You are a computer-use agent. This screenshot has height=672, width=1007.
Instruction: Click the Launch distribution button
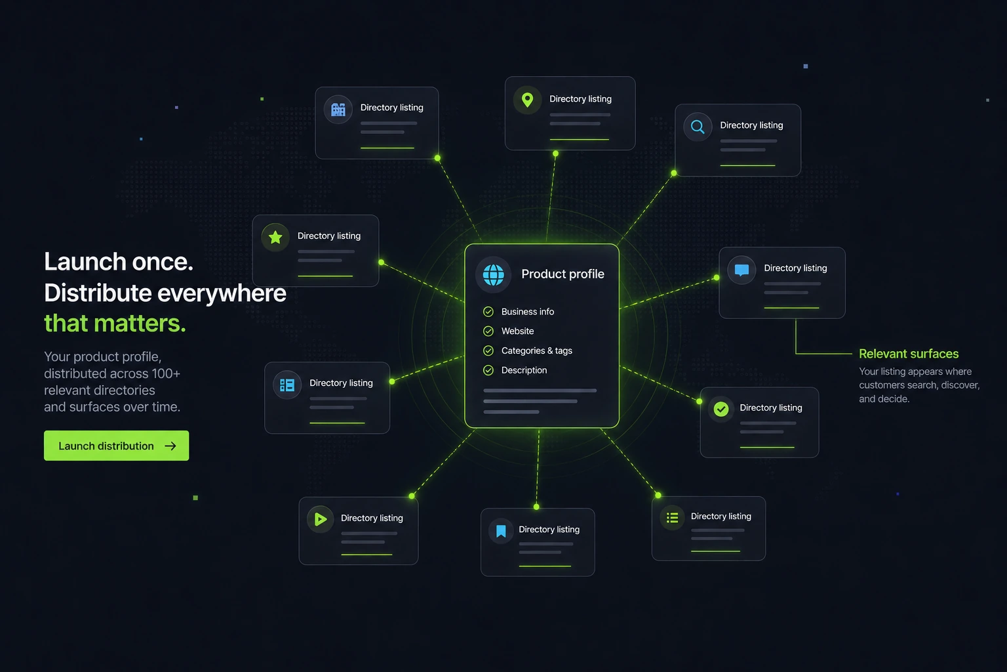pyautogui.click(x=117, y=446)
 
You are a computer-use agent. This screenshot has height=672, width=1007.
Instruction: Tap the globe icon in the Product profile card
pyautogui.click(x=493, y=274)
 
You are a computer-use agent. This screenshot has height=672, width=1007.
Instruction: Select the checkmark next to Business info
pyautogui.click(x=488, y=312)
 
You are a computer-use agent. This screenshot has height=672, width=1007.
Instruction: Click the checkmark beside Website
pyautogui.click(x=488, y=331)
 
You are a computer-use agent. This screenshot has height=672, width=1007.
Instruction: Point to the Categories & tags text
pyautogui.click(x=537, y=350)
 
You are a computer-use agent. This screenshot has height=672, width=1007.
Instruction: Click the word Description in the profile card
pyautogui.click(x=524, y=370)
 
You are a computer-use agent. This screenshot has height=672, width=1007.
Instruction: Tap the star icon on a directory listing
pyautogui.click(x=275, y=237)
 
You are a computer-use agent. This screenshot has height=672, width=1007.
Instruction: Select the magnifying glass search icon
pyautogui.click(x=698, y=127)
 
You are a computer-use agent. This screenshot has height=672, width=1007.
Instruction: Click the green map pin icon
pyautogui.click(x=527, y=100)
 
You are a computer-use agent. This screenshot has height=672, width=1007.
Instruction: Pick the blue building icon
pyautogui.click(x=338, y=109)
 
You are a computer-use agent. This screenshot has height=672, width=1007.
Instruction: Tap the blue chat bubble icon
pyautogui.click(x=741, y=270)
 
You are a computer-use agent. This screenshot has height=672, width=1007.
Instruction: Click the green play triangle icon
pyautogui.click(x=321, y=519)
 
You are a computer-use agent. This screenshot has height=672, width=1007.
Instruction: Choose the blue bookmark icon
pyautogui.click(x=502, y=531)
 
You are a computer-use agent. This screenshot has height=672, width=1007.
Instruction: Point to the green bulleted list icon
pyautogui.click(x=673, y=518)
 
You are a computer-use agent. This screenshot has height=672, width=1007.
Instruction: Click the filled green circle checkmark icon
pyautogui.click(x=721, y=409)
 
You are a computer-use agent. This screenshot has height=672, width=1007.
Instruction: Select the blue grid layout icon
pyautogui.click(x=287, y=385)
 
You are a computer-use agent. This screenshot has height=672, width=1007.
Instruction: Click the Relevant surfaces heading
pyautogui.click(x=909, y=354)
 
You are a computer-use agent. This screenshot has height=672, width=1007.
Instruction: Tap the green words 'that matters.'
pyautogui.click(x=115, y=323)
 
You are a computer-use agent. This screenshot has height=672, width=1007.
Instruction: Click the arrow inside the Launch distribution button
pyautogui.click(x=170, y=446)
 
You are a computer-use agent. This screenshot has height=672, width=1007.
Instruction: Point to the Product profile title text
pyautogui.click(x=563, y=274)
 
